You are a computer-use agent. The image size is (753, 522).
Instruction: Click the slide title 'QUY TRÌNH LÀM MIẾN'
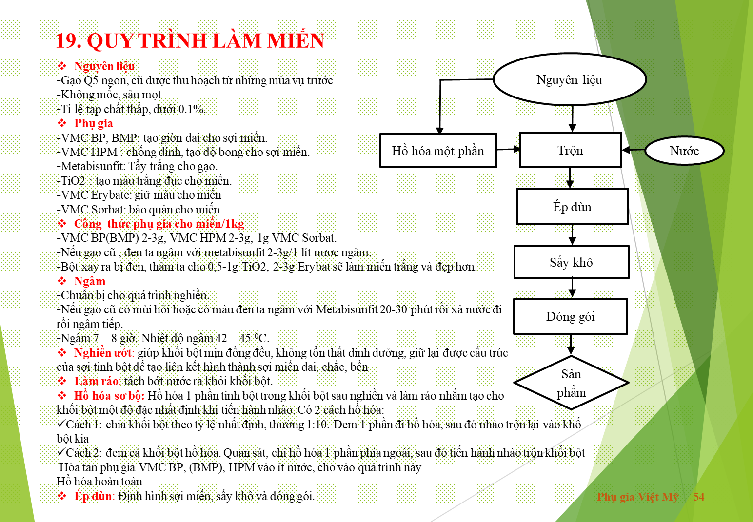[x=205, y=40]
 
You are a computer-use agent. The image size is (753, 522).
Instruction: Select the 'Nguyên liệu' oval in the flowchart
[x=570, y=79]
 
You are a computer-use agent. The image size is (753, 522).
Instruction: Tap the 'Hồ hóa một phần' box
[x=438, y=151]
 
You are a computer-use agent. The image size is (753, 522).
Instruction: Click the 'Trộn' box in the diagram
[x=571, y=150]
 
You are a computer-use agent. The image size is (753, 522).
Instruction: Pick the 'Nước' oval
[x=684, y=151]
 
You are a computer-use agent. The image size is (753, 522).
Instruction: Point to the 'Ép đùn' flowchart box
[x=572, y=206]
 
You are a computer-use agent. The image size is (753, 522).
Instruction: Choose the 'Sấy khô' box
[x=572, y=262]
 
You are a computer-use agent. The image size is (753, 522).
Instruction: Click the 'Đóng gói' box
[x=571, y=316]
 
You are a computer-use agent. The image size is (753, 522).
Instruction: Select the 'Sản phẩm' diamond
[x=571, y=383]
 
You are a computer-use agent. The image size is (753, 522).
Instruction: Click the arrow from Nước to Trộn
[x=634, y=150]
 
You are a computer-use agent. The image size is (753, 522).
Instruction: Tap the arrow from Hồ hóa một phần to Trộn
[x=508, y=149]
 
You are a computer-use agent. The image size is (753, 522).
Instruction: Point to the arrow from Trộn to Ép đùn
[x=570, y=178]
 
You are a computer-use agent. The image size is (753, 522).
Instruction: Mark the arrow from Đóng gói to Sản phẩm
[x=571, y=345]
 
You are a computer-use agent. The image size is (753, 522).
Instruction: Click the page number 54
[x=698, y=497]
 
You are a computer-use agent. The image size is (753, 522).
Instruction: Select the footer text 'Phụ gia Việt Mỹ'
[x=638, y=497]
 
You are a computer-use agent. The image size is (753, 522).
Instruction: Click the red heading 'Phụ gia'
[x=94, y=123]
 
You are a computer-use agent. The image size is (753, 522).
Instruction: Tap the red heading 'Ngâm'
[x=90, y=281]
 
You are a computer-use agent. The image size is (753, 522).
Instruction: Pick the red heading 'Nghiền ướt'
[x=103, y=353]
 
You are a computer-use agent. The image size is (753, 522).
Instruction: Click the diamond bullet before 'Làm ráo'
[x=62, y=381]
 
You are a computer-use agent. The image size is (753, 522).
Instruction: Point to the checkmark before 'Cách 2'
[x=61, y=452]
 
